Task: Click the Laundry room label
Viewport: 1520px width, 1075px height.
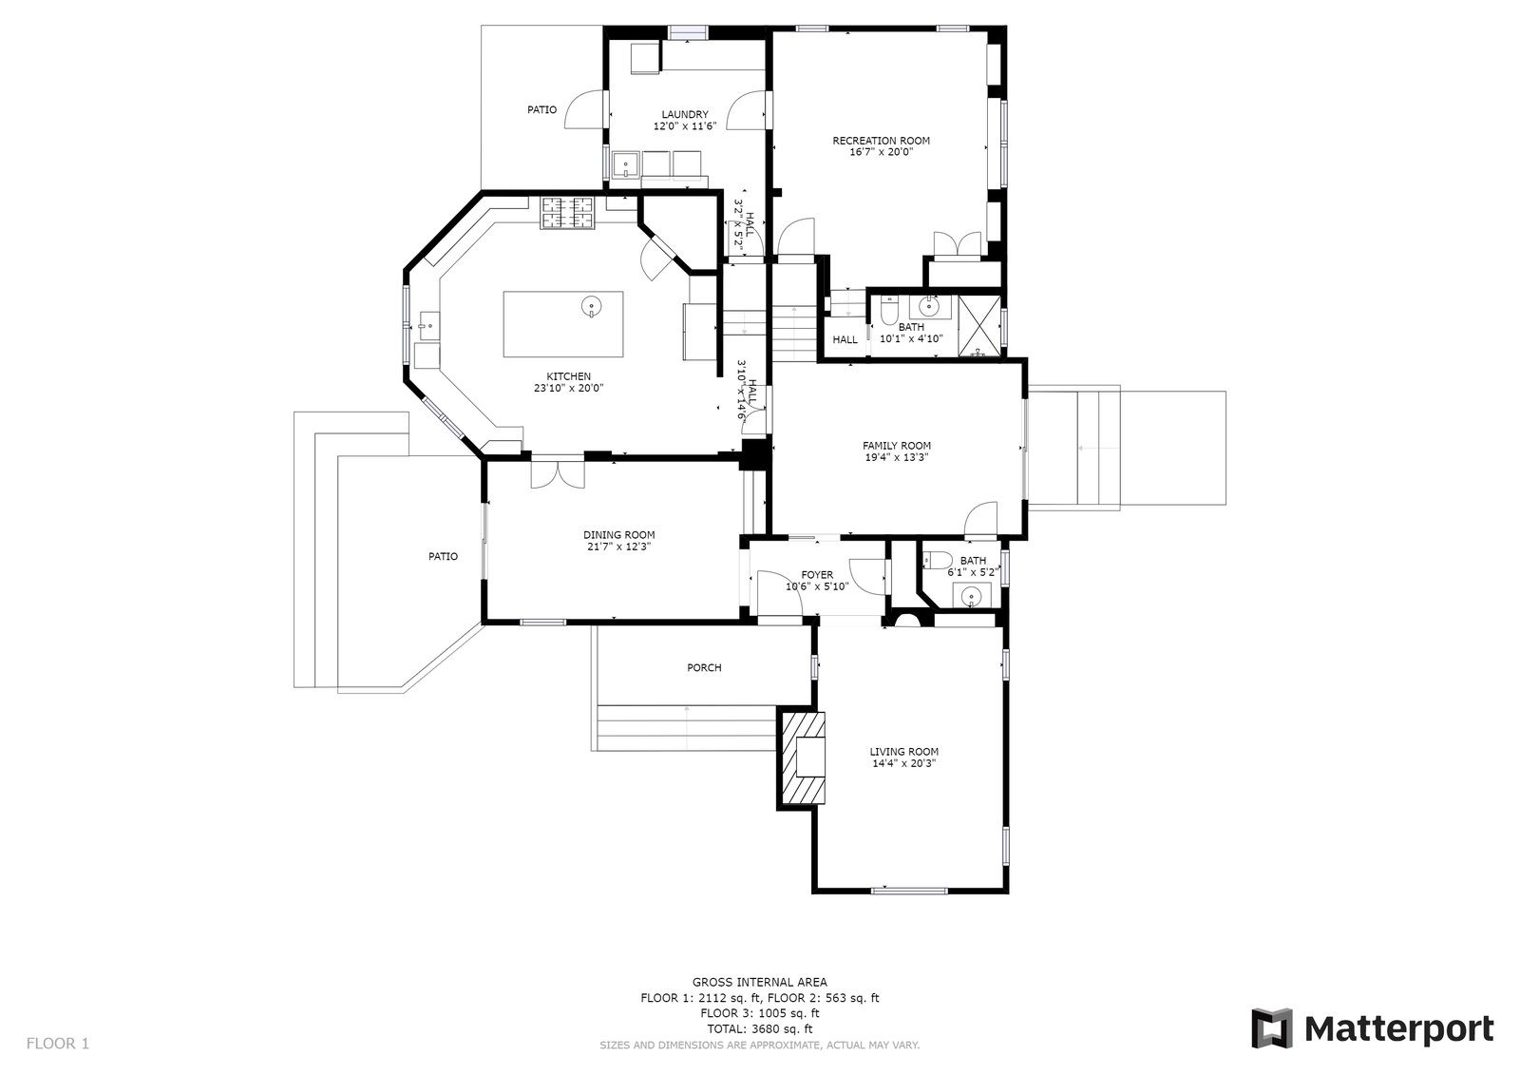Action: [x=685, y=114]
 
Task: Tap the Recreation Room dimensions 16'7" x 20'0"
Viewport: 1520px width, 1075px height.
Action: [x=881, y=152]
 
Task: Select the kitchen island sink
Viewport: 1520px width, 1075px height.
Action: [x=592, y=307]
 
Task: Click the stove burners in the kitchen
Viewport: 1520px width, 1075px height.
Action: [x=566, y=213]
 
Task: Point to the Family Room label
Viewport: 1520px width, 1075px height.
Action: [x=897, y=446]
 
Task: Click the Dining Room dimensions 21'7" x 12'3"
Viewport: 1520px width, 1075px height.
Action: [x=618, y=547]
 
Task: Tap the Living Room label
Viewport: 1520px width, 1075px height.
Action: [x=903, y=751]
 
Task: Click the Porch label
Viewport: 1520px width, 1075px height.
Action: [x=704, y=667]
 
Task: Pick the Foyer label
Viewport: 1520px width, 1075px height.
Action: [x=817, y=574]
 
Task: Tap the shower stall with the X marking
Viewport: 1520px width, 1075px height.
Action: [x=979, y=326]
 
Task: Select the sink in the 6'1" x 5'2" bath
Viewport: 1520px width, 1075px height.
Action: [x=972, y=597]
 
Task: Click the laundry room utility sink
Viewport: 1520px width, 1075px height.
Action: [x=626, y=165]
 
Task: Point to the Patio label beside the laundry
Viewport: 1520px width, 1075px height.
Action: [x=541, y=109]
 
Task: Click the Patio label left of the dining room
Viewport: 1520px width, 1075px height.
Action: [x=443, y=556]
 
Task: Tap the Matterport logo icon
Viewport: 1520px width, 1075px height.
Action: [x=1272, y=1028]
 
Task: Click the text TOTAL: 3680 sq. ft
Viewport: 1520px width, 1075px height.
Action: [x=759, y=1028]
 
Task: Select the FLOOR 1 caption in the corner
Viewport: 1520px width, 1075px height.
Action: [x=58, y=1043]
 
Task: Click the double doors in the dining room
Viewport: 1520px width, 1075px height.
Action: [x=557, y=474]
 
